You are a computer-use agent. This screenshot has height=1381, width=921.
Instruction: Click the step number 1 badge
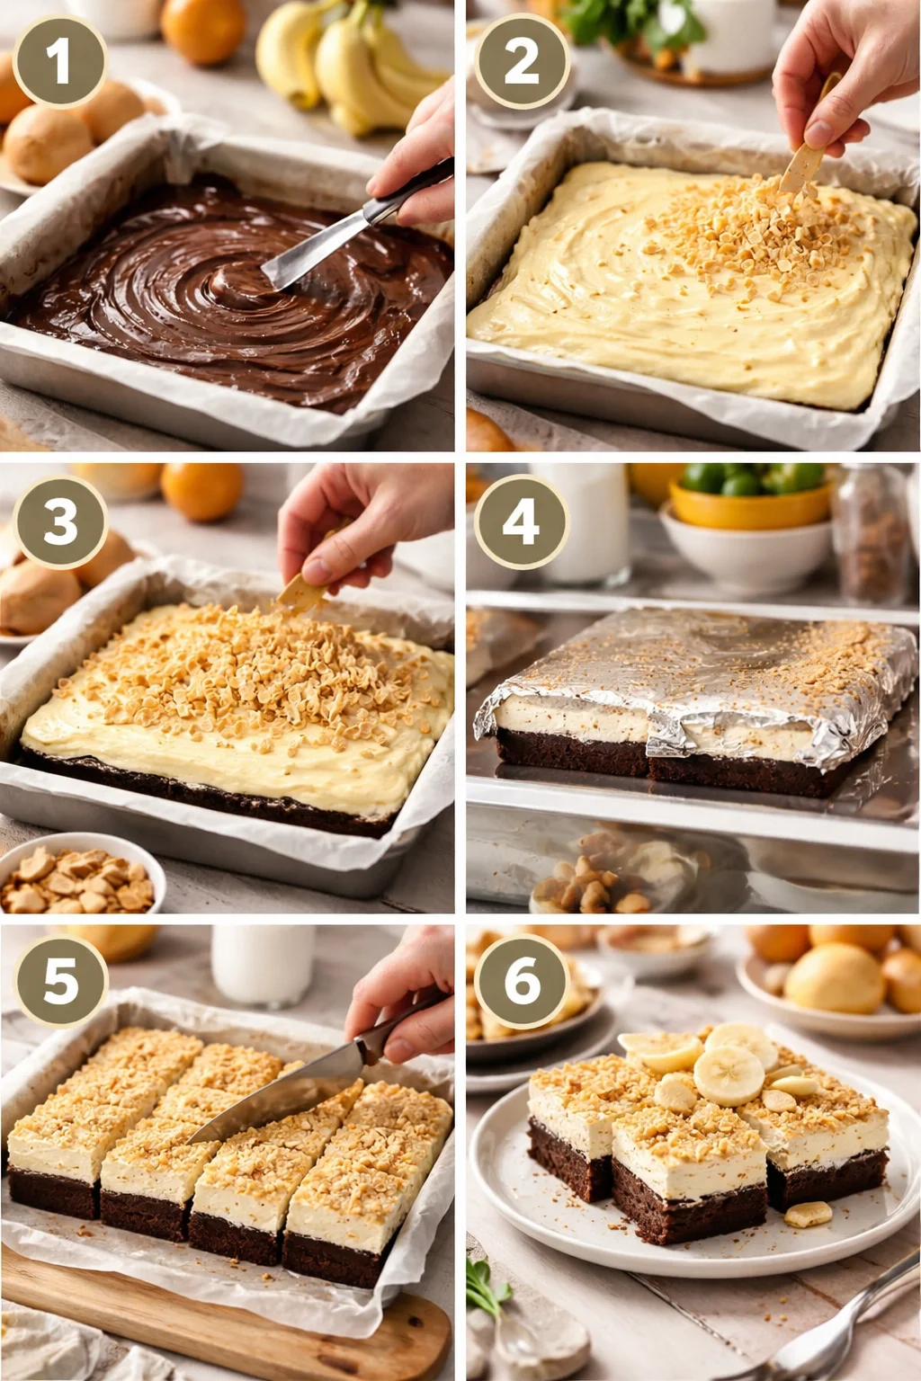pos(59,61)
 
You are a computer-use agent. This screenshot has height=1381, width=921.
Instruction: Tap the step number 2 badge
pos(521,61)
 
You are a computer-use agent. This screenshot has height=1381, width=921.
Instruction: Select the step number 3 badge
pos(59,521)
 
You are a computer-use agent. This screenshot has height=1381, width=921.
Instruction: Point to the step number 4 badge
pos(521,521)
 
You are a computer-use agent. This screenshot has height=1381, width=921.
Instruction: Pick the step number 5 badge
pos(59,981)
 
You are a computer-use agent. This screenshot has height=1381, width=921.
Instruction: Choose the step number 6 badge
pos(521,981)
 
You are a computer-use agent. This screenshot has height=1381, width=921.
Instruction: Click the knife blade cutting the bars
pos(270,1101)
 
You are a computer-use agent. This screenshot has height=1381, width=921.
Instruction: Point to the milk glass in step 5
pos(262,963)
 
